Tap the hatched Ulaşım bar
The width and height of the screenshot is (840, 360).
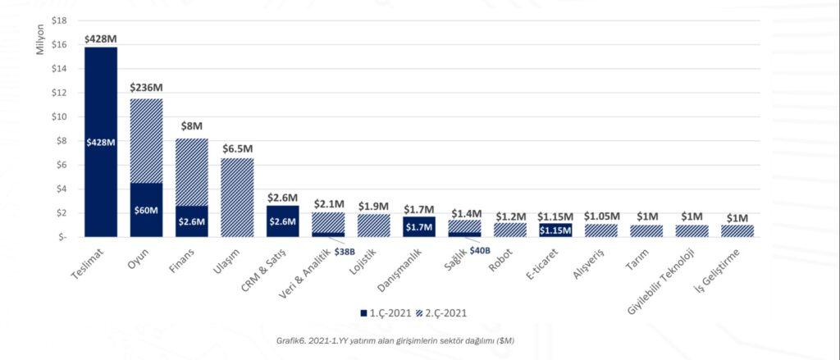click(237, 197)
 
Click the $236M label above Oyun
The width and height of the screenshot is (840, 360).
click(147, 87)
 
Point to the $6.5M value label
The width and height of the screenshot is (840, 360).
click(237, 148)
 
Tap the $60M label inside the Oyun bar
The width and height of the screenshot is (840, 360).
click(146, 210)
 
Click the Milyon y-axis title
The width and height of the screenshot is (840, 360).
click(39, 39)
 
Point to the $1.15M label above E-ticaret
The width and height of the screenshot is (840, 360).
click(555, 216)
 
